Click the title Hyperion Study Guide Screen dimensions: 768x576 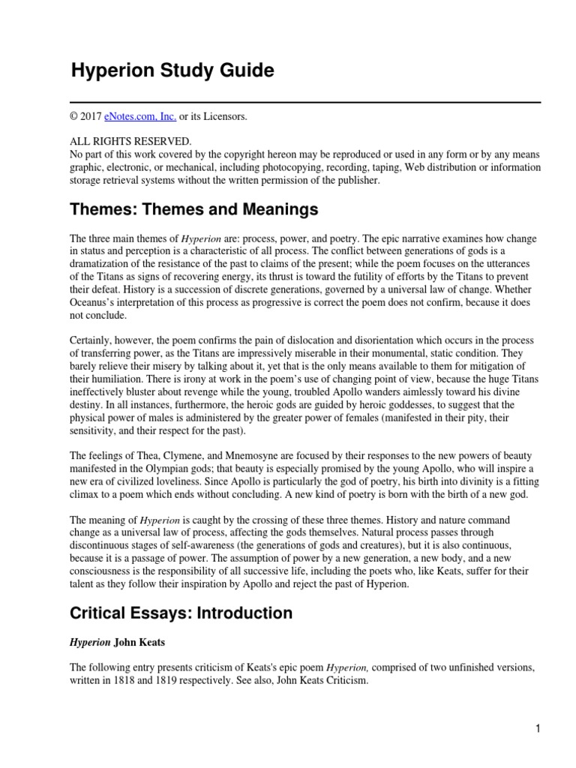tap(172, 71)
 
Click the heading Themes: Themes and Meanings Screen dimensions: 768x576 tap(194, 208)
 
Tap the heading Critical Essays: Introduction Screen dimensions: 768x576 tap(181, 613)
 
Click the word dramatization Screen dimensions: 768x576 tap(101, 265)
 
